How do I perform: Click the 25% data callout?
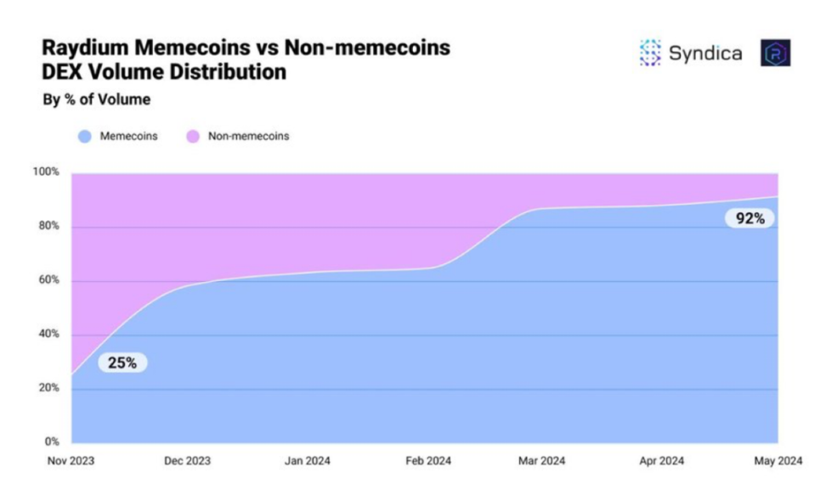click(x=122, y=363)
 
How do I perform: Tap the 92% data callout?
click(x=750, y=218)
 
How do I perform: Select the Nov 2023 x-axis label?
click(x=71, y=461)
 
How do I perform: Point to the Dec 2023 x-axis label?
click(x=188, y=461)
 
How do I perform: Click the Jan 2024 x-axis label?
click(x=307, y=461)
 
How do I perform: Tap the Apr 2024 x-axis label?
click(x=660, y=461)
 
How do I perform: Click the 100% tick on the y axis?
click(x=46, y=172)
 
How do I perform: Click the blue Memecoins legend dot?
click(x=84, y=136)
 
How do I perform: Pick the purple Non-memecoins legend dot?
click(x=193, y=136)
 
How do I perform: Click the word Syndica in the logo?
click(x=704, y=53)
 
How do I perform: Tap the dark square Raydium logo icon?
click(x=775, y=53)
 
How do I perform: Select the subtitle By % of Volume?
click(x=96, y=99)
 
